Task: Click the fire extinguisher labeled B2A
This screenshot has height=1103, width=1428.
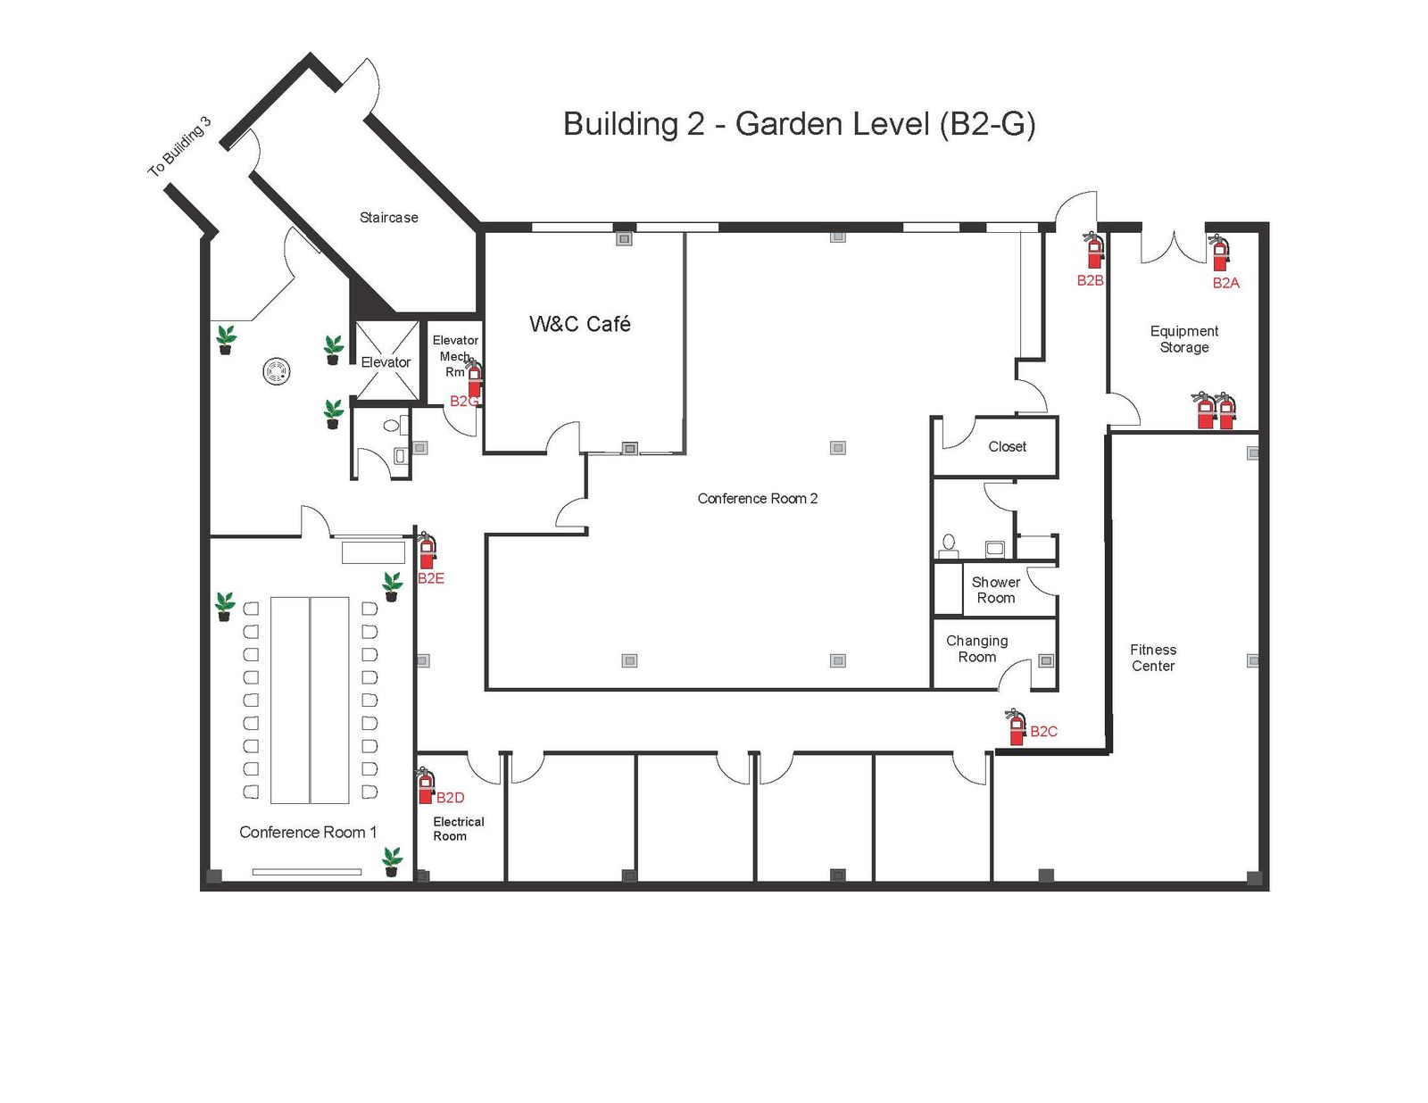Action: [1219, 253]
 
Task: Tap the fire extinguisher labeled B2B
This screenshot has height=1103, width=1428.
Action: [1093, 250]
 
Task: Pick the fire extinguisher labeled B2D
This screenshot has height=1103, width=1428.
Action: [426, 785]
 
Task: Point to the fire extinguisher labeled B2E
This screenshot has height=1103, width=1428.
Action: [427, 550]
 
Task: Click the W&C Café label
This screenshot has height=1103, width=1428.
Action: [579, 323]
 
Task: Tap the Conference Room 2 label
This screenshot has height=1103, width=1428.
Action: [757, 499]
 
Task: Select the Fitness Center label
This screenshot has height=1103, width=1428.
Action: [1152, 658]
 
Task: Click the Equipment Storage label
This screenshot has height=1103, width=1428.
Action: [1183, 339]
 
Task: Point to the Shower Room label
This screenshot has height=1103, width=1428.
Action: [996, 590]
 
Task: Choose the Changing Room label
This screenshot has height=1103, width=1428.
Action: [976, 649]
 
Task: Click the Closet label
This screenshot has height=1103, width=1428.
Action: [1007, 447]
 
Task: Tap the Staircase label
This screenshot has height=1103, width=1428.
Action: [388, 218]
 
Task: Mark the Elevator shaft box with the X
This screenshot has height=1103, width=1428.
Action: [387, 361]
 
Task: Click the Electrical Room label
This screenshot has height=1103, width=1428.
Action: [458, 829]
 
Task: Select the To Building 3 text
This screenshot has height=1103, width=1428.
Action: [179, 146]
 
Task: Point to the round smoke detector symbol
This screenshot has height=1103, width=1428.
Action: [277, 371]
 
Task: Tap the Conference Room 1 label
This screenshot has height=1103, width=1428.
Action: [308, 833]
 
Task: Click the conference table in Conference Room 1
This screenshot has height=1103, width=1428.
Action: [310, 701]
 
